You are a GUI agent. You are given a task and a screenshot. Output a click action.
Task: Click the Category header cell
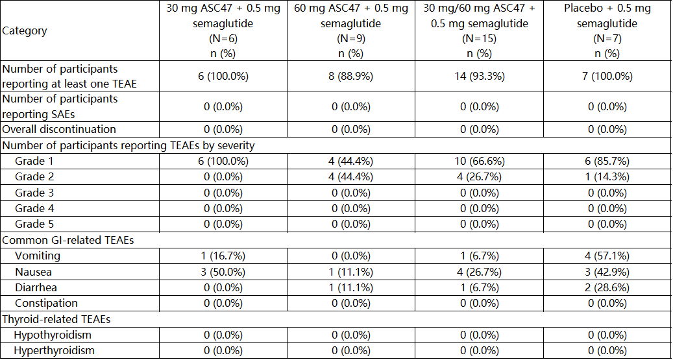25,31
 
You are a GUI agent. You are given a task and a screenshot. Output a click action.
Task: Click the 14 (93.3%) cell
478,77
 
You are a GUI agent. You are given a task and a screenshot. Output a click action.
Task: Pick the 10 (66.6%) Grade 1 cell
478,162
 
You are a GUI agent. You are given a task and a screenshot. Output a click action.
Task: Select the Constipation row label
46,303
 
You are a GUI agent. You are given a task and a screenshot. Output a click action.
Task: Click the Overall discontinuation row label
59,129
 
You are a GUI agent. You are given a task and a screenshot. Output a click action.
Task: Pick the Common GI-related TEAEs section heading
67,240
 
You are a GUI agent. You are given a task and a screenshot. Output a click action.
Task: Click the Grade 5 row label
34,224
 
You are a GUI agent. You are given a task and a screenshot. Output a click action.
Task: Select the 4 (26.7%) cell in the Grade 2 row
478,177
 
